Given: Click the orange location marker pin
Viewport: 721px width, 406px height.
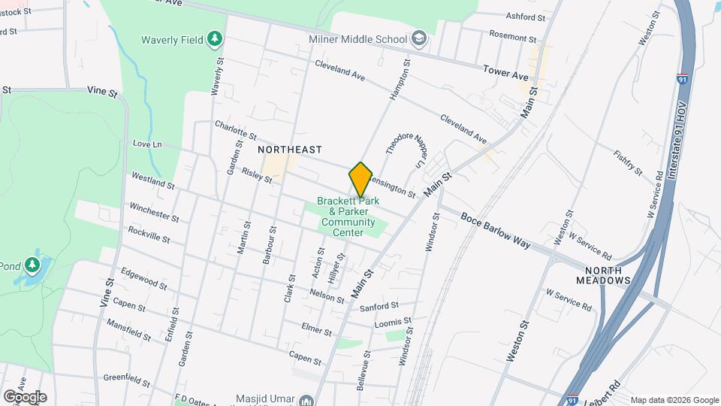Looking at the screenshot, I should coord(360,179).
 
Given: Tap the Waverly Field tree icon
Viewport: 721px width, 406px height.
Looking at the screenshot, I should coord(215,38).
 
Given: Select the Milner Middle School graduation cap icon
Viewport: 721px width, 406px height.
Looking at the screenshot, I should coord(418,38).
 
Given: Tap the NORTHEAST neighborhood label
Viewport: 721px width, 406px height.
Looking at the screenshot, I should coord(290,150).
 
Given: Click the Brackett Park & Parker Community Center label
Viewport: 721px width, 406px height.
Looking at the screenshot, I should coord(348,217).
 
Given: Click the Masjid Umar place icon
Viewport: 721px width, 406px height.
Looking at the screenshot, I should coord(307,400).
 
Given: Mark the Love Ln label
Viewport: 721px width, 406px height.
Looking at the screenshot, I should coord(147,144).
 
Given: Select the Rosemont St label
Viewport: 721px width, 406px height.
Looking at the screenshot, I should coord(513,38).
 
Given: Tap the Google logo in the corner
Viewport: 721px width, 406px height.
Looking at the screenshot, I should coord(25,396).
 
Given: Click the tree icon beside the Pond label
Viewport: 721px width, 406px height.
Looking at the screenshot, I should coord(32,265).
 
